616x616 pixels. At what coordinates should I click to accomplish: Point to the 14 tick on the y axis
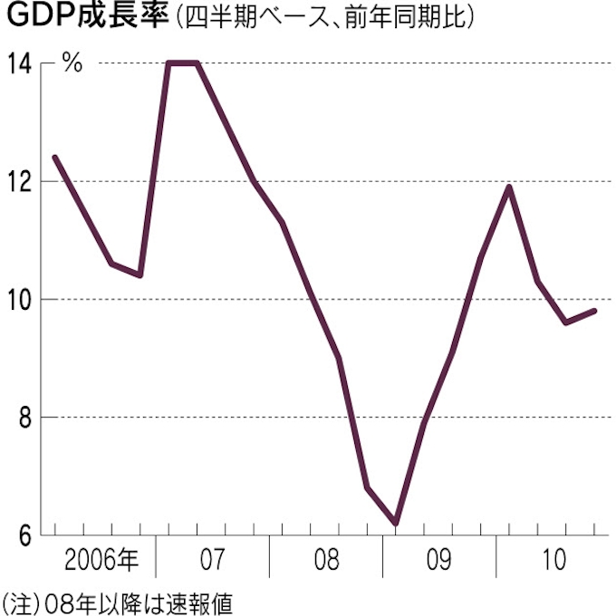[x=20, y=64]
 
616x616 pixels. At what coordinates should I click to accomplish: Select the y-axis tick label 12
[x=20, y=182]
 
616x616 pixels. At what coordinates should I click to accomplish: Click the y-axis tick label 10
[x=20, y=300]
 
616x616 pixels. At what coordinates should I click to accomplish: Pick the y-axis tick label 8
[x=24, y=418]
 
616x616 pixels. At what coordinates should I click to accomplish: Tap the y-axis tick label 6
[x=24, y=535]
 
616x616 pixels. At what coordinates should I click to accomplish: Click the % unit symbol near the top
[x=72, y=64]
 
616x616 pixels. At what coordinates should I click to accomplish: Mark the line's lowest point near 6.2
[x=396, y=523]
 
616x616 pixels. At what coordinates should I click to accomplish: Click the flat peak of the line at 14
[x=183, y=63]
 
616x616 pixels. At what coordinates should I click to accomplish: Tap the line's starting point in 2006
[x=55, y=158]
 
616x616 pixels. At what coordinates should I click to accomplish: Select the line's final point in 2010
[x=594, y=311]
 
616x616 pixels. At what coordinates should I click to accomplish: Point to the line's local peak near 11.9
[x=509, y=188]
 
